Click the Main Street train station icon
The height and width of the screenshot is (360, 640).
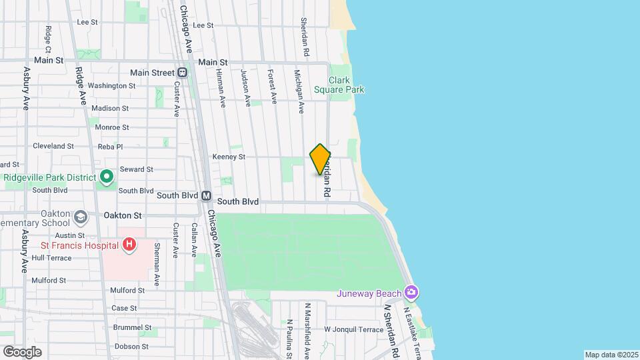point(182,73)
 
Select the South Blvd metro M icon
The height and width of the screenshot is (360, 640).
point(207,196)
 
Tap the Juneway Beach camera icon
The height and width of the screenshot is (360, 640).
point(412,293)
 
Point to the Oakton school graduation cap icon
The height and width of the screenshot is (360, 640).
point(80,217)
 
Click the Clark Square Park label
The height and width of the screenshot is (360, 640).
point(339,85)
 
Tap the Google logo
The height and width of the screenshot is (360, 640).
point(23,351)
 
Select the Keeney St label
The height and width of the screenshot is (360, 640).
point(229,157)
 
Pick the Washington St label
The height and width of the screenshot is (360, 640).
point(111,86)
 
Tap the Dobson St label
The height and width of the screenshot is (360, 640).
point(131,347)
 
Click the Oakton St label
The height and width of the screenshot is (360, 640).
point(123,215)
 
